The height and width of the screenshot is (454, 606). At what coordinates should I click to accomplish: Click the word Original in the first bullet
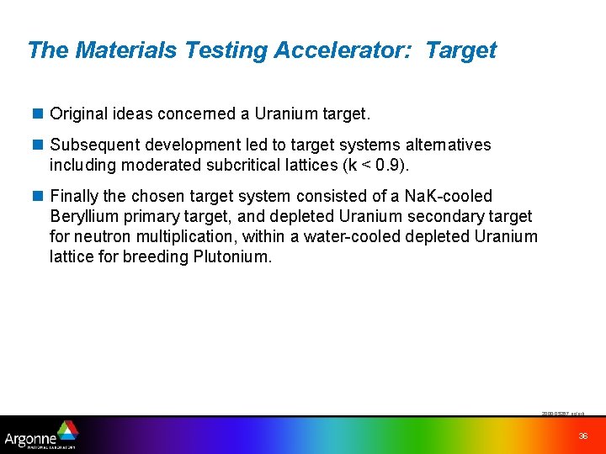77,113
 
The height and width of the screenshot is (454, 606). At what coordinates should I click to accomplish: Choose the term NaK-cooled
448,196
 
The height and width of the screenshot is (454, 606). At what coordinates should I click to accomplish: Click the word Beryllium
85,216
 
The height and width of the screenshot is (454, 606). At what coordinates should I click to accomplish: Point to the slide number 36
583,436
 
